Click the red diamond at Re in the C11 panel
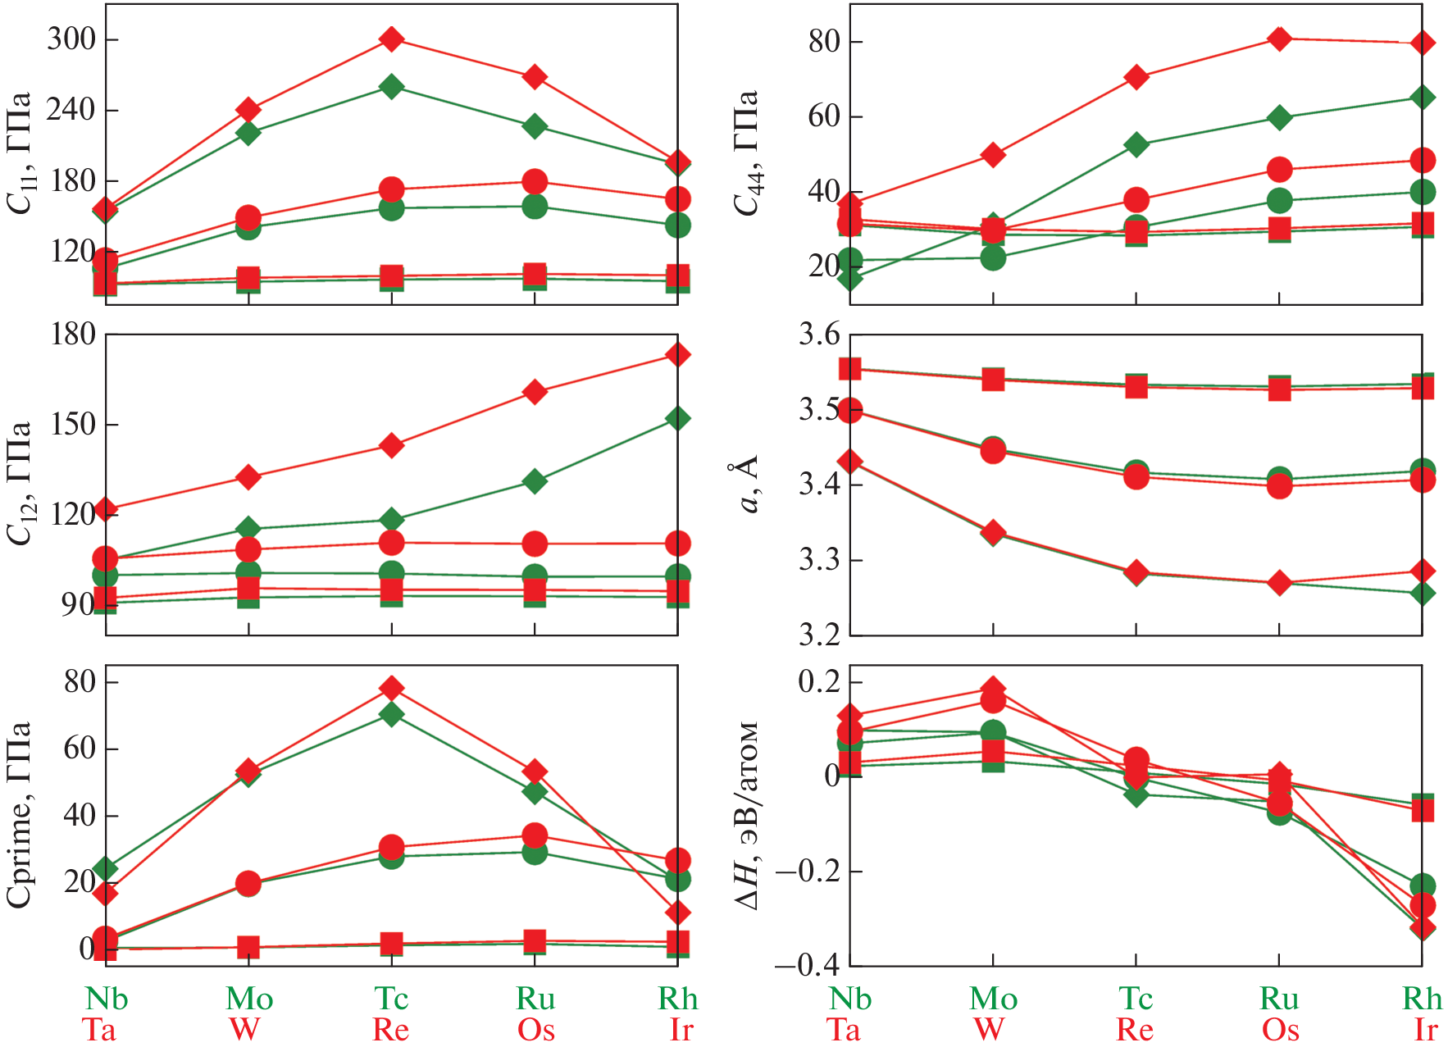pyautogui.click(x=391, y=39)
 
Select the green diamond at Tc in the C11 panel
pyautogui.click(x=391, y=86)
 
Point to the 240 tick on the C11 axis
pyautogui.click(x=71, y=109)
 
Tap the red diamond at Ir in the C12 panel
pyautogui.click(x=677, y=354)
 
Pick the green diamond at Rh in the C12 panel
pyautogui.click(x=677, y=418)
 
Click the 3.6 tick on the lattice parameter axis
pyautogui.click(x=819, y=335)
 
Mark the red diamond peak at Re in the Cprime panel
pyautogui.click(x=391, y=687)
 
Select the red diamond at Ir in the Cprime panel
pyautogui.click(x=677, y=912)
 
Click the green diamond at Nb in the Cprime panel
pyautogui.click(x=105, y=868)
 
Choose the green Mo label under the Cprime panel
pyautogui.click(x=249, y=999)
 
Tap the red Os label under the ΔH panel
pyautogui.click(x=1280, y=1030)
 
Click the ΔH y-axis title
pyautogui.click(x=746, y=816)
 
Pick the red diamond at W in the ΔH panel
pyautogui.click(x=993, y=689)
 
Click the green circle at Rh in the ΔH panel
pyautogui.click(x=1423, y=885)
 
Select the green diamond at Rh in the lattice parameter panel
pyautogui.click(x=1423, y=593)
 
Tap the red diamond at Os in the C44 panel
pyautogui.click(x=1279, y=39)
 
